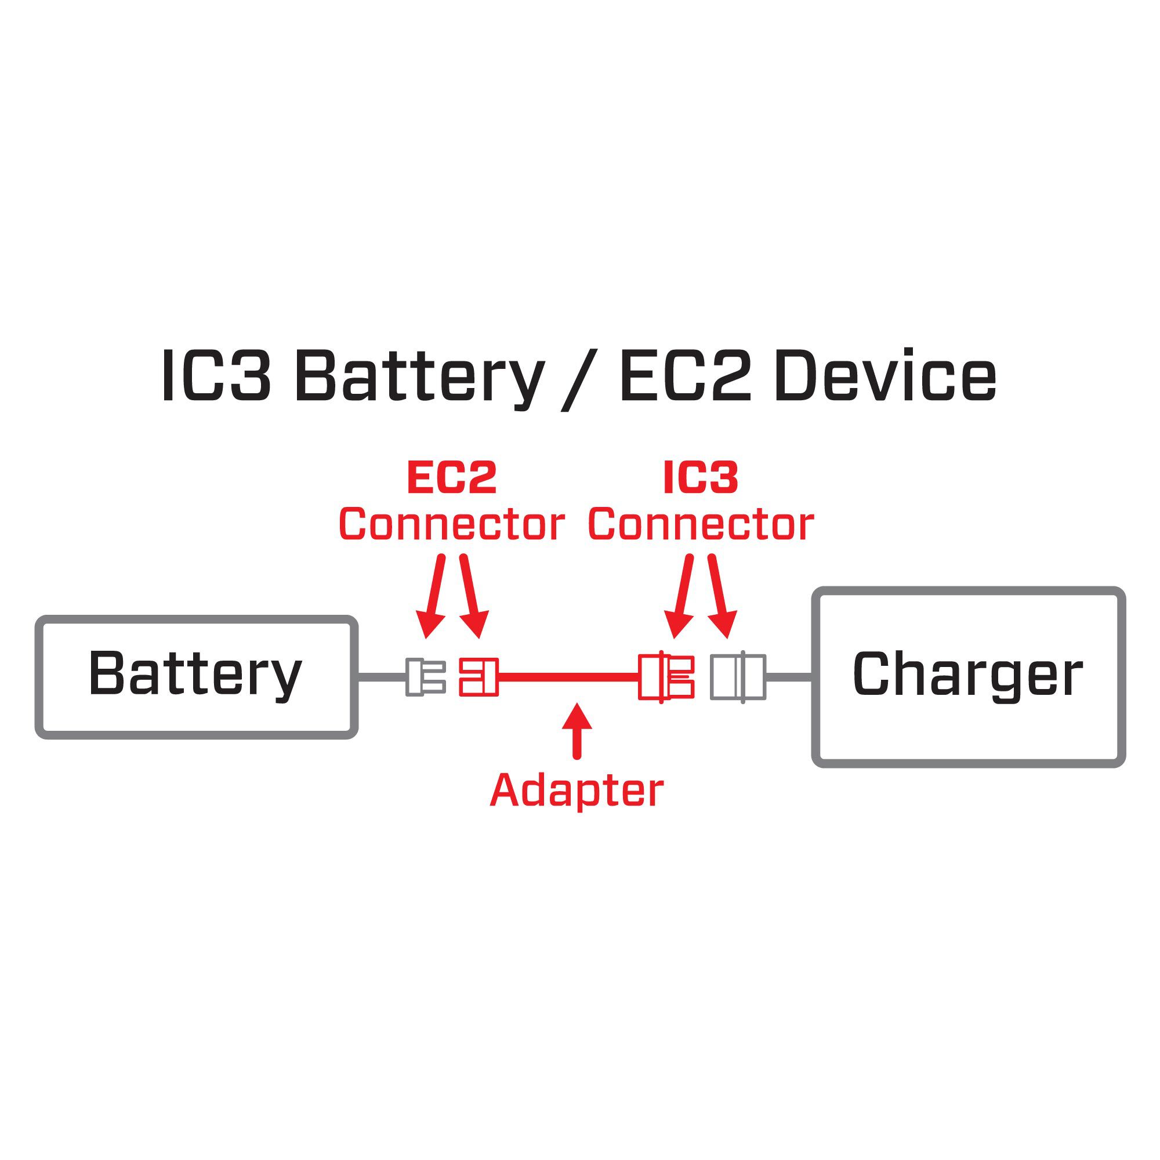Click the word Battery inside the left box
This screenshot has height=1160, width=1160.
[195, 675]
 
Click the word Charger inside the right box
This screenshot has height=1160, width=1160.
[967, 675]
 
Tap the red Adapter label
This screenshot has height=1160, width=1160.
[577, 791]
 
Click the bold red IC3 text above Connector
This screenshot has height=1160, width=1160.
[701, 478]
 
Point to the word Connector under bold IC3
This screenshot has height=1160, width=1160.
[701, 525]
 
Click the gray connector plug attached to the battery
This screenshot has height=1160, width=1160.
[425, 677]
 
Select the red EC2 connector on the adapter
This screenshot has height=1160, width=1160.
[478, 677]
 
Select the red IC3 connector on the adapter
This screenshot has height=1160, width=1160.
[666, 677]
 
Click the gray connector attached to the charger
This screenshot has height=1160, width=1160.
[738, 677]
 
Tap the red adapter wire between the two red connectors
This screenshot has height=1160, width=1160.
[567, 677]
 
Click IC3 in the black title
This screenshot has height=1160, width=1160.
[216, 377]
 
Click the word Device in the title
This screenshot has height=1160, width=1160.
[885, 377]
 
